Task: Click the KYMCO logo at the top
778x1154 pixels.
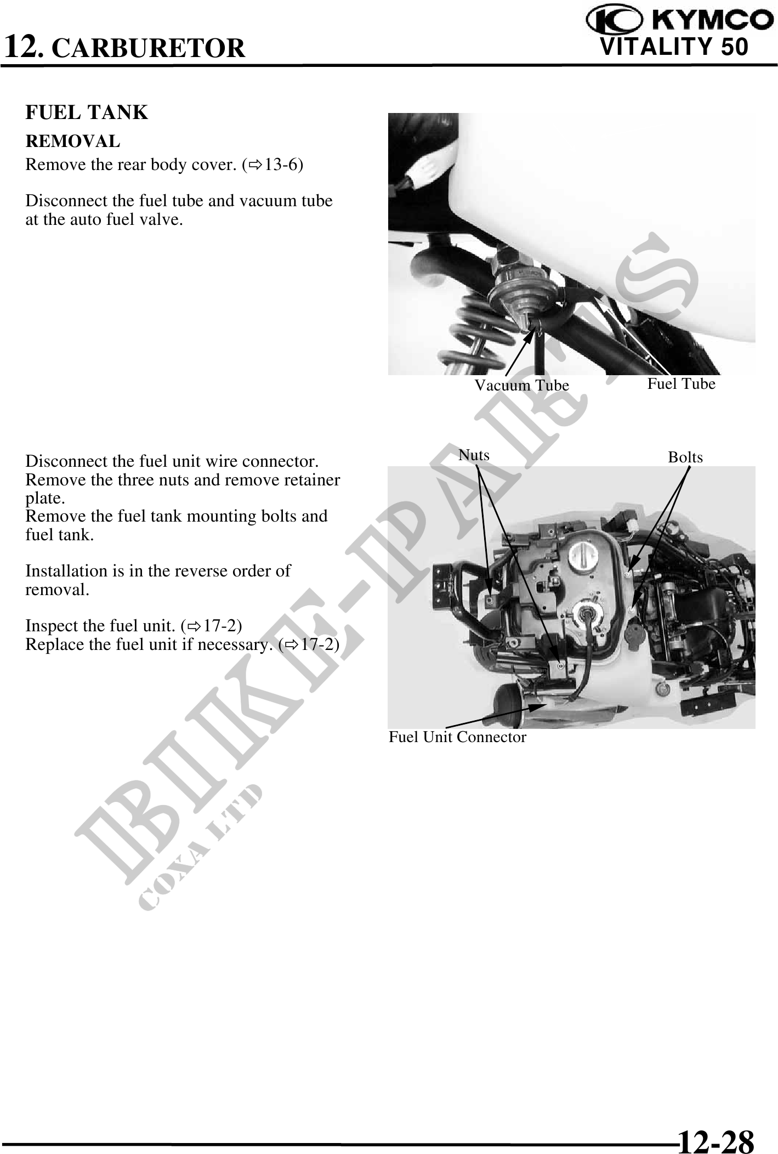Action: [678, 20]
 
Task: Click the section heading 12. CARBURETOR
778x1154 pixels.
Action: [124, 46]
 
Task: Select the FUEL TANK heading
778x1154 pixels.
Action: [87, 112]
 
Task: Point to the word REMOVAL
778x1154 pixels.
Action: [73, 141]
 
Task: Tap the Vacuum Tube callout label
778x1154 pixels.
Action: [521, 386]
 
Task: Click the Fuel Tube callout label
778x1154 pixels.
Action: [682, 383]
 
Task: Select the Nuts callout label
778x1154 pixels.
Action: [474, 455]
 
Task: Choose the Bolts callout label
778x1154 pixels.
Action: [685, 457]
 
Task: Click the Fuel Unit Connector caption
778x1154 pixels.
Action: [457, 737]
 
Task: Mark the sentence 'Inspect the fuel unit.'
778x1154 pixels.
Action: [101, 626]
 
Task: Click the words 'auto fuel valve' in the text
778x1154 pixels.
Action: [123, 220]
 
